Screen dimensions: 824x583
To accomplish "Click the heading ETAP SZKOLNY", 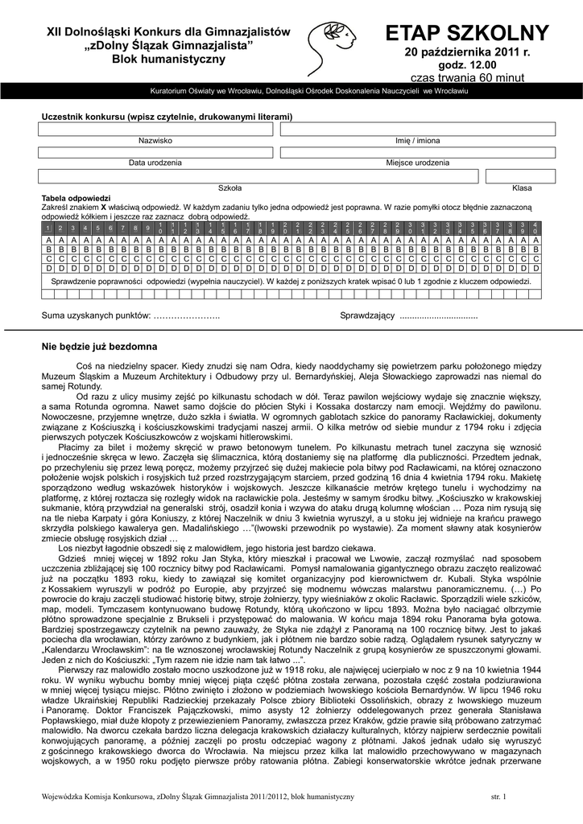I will [467, 34].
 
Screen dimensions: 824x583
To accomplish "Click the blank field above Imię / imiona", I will [416, 129].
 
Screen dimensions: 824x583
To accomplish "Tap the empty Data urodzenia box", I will [155, 152].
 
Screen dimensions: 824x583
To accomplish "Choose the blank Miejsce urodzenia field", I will [416, 152].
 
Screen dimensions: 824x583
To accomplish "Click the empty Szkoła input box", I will [258, 176].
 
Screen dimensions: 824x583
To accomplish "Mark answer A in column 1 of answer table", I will [48, 241].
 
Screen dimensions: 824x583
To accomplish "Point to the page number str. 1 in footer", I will [498, 797].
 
